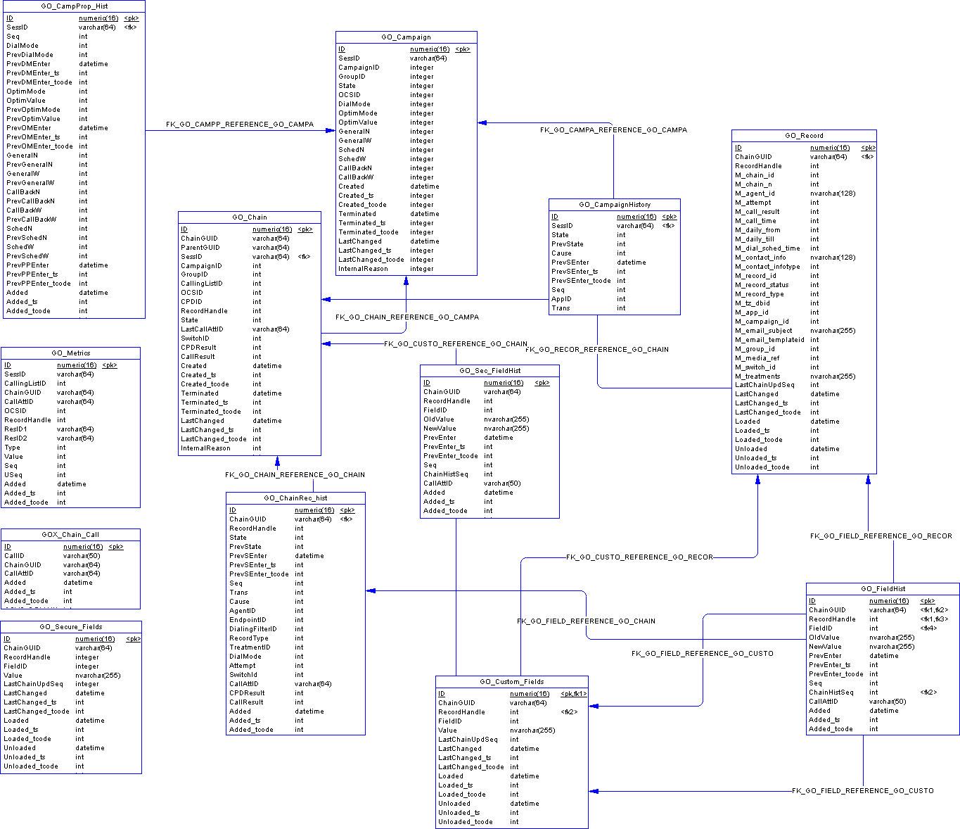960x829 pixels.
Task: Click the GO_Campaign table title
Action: [x=406, y=37]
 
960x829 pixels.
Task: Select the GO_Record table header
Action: [x=804, y=136]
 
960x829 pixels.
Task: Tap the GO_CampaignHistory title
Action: [x=615, y=205]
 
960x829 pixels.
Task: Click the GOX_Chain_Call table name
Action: [x=70, y=535]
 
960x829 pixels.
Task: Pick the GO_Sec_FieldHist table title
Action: [x=489, y=371]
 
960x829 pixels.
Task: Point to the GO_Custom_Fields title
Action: [x=511, y=682]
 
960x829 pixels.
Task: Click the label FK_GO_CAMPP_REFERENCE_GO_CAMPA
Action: [x=240, y=125]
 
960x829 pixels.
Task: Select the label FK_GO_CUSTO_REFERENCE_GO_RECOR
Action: [x=639, y=557]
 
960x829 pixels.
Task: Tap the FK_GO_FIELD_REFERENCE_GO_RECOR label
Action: [x=881, y=536]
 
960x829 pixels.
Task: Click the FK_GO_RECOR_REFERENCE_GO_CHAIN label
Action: [x=597, y=350]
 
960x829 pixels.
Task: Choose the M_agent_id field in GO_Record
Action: [x=755, y=194]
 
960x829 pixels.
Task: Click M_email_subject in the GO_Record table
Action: [x=763, y=331]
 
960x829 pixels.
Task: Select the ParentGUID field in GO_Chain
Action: [x=200, y=248]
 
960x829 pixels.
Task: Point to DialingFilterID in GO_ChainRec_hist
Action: [x=253, y=629]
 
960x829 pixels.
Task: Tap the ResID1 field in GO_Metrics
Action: [x=16, y=429]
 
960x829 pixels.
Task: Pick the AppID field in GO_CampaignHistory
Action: [x=561, y=299]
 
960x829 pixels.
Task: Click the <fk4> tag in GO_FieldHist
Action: [x=929, y=628]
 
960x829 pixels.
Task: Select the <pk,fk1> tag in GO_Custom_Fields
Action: [x=573, y=694]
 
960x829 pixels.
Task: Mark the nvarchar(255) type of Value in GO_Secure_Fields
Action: [x=98, y=676]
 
